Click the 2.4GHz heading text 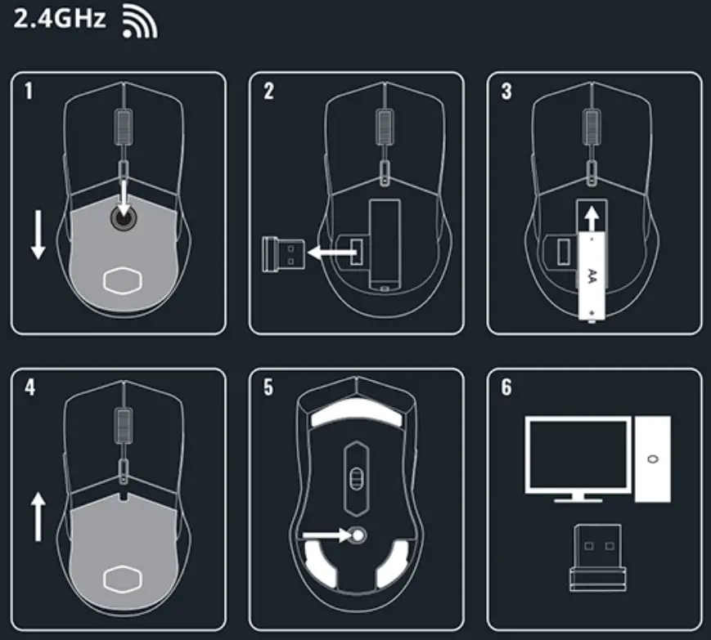tap(60, 18)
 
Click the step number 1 tap(29, 91)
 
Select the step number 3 tap(506, 91)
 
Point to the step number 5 tap(268, 387)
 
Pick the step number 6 tap(506, 387)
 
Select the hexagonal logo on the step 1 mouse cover tap(123, 280)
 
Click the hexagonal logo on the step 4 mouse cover tap(123, 577)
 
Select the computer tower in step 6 tap(652, 459)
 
